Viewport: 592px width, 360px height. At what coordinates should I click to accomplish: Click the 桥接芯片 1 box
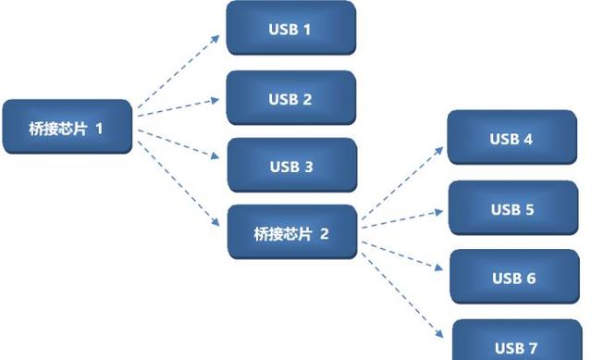67,127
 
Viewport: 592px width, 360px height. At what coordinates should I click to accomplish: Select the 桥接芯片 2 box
291,233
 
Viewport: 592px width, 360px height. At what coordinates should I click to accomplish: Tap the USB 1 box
290,29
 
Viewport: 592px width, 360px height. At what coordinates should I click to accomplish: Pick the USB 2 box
290,99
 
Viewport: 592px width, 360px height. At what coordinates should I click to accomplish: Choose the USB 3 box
291,167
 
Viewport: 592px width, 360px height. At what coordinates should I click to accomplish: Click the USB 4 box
512,139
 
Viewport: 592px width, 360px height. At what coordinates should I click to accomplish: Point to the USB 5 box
512,209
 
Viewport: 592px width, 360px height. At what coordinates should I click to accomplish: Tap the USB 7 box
515,344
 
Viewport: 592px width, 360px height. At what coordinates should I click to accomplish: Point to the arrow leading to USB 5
402,216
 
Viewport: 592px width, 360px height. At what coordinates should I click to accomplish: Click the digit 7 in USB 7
532,348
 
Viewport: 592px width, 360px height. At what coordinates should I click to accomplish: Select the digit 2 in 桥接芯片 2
325,233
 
